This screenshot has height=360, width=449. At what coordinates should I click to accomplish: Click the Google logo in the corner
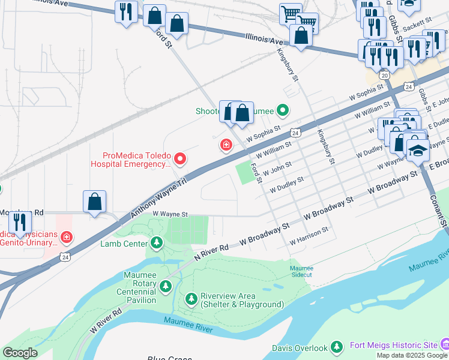coord(20,353)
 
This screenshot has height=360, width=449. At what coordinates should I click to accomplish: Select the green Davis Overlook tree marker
coord(337,347)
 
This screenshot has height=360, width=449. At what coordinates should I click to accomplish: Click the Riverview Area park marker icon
coord(191,298)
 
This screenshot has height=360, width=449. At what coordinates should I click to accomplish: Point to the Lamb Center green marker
coord(157,242)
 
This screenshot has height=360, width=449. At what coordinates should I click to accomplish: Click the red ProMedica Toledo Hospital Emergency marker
coord(179,159)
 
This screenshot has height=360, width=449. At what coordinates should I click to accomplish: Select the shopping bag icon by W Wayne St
coord(95,201)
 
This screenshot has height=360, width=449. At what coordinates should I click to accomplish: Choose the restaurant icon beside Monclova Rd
coord(20,221)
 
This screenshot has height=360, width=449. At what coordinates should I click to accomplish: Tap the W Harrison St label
coord(309,236)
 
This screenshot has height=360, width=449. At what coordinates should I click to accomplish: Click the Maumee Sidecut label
coord(302,271)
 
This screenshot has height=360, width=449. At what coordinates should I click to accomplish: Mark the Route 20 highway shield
coord(384,75)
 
